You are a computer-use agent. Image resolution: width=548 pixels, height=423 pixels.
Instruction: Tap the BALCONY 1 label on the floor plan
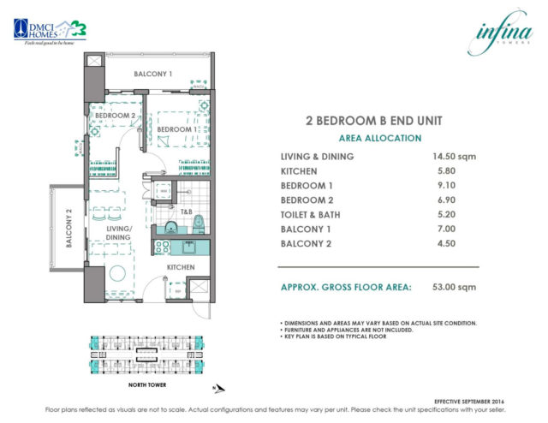tap(153, 74)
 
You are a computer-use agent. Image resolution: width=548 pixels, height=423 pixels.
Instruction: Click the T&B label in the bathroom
tap(186, 211)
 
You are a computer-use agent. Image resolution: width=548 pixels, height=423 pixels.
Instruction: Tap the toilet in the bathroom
tap(200, 225)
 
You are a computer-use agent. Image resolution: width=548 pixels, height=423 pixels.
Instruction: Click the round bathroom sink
tap(170, 228)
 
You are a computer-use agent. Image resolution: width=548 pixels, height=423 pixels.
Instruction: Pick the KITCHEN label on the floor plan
tap(181, 268)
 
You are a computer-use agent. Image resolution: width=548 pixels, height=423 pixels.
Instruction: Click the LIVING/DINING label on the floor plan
tap(119, 233)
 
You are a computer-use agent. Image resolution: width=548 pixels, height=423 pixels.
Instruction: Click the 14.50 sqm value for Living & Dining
tap(455, 157)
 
